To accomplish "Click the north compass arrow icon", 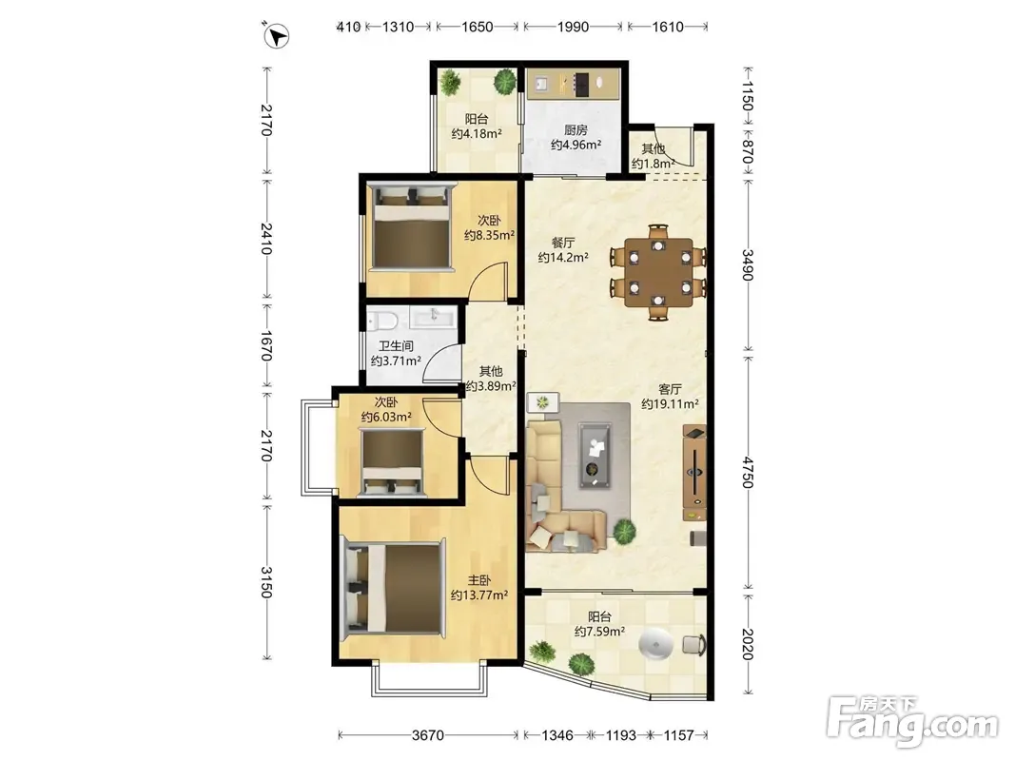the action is (x=278, y=35).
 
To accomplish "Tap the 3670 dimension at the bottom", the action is (x=428, y=735).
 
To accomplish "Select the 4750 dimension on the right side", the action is (x=748, y=473).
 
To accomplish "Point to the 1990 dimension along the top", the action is (x=573, y=27).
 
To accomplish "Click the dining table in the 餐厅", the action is (x=658, y=272).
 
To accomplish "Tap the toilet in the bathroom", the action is (x=381, y=321).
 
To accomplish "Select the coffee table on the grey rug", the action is (x=595, y=455).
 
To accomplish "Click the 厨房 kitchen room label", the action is (x=576, y=130).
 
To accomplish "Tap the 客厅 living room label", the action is (x=670, y=389).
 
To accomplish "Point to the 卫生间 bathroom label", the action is (x=396, y=346).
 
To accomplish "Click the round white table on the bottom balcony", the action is (x=655, y=645).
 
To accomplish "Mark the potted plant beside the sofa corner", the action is (x=624, y=532).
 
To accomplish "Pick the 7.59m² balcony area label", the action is (x=599, y=631).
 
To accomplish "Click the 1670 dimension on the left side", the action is (x=266, y=345).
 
